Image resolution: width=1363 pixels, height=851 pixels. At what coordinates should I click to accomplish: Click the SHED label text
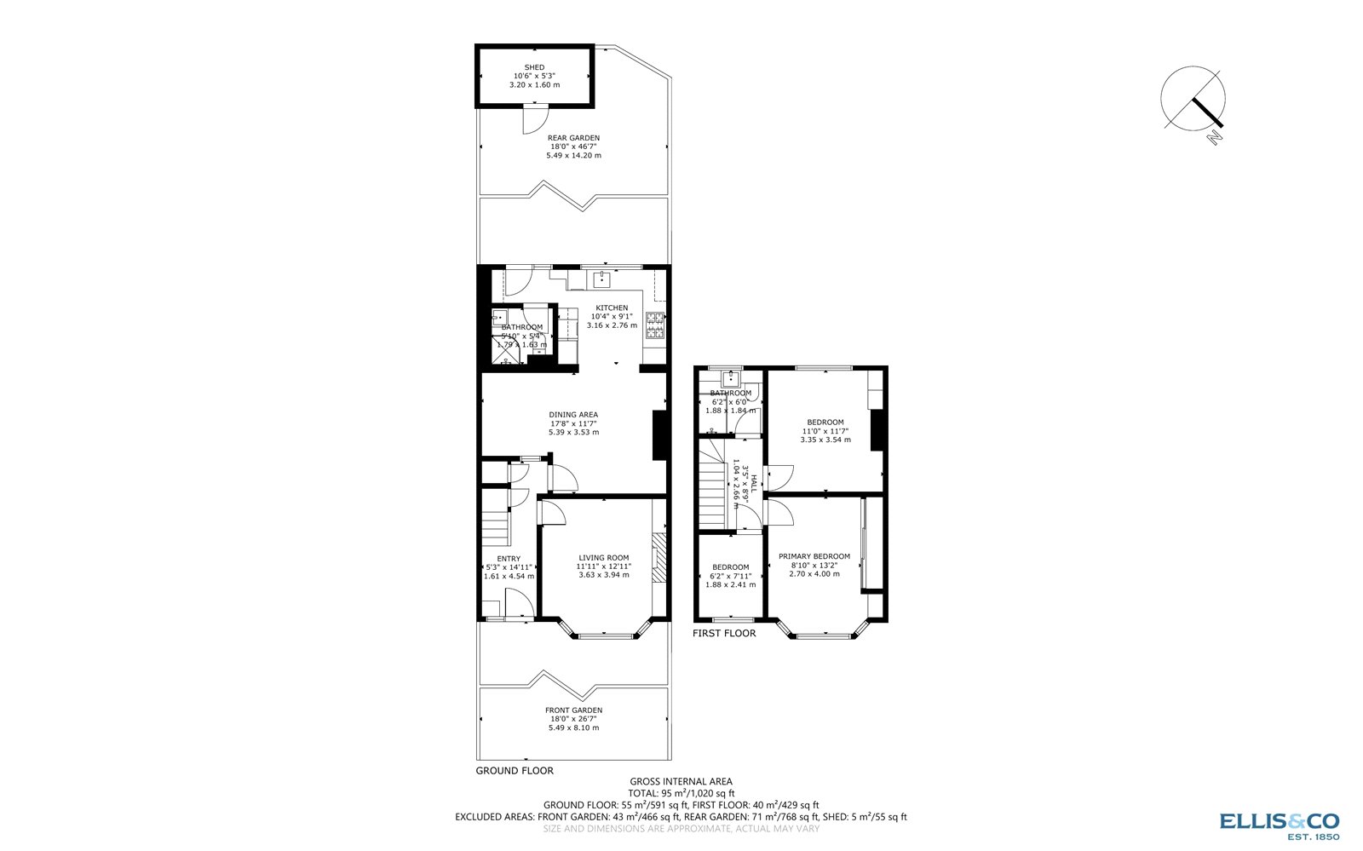534,67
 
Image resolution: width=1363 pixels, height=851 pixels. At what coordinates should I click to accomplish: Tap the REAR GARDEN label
573,138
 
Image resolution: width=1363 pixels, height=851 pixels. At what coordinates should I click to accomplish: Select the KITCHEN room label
612,308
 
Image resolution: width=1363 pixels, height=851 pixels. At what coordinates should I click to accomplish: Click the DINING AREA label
573,415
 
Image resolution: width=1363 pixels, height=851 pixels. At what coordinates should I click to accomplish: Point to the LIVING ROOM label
604,558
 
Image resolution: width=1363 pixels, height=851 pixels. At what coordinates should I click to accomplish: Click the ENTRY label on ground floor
509,559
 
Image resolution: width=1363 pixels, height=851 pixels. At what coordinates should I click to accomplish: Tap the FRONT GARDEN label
573,710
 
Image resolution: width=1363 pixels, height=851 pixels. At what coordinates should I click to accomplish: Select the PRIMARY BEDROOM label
814,556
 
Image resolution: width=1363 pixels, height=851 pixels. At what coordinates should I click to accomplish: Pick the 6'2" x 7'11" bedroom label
730,567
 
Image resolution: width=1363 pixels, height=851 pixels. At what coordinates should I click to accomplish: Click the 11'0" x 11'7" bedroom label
825,423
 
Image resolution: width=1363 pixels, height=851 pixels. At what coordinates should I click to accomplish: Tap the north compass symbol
1194,100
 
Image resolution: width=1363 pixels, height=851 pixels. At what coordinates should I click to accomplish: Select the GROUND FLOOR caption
515,771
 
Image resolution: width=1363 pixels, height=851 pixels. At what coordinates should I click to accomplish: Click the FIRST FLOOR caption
724,634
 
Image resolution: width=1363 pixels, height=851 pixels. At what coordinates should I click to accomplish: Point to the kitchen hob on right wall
655,325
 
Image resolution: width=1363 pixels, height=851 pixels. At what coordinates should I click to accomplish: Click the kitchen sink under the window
603,279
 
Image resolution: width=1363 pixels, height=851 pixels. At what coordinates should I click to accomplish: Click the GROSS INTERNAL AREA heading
681,781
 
